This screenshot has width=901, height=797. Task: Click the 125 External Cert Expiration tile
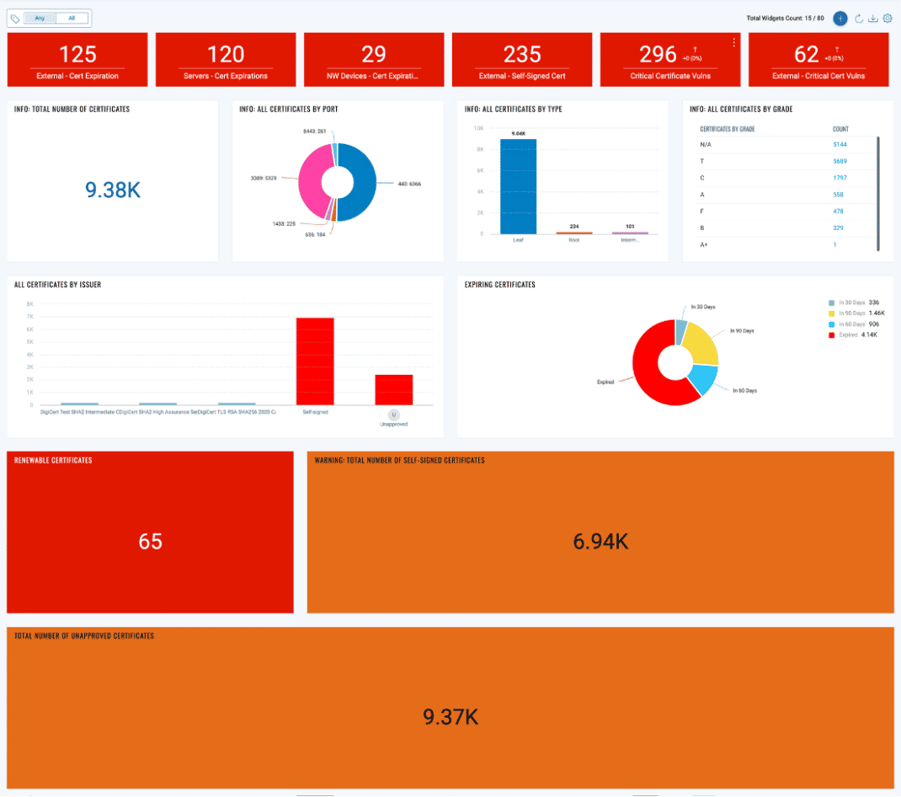[x=77, y=60]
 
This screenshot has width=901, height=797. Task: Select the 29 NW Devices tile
[x=373, y=60]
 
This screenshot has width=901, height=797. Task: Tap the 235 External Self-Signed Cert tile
[x=522, y=60]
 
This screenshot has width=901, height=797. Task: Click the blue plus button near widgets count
[x=840, y=19]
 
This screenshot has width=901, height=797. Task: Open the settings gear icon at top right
[x=887, y=19]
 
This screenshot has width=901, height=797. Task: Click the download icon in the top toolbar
[x=873, y=19]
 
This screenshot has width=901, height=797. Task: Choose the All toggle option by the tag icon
[x=72, y=18]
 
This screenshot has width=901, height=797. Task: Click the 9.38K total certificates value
[x=112, y=190]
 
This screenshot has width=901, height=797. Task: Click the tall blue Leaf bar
[x=518, y=186]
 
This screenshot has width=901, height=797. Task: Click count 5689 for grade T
[x=840, y=161]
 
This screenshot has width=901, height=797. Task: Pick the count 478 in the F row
[x=838, y=211]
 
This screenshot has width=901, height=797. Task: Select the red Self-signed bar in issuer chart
[x=315, y=361]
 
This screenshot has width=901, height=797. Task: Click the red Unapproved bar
[x=393, y=389]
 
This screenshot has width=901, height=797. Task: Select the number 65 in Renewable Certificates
[x=150, y=542]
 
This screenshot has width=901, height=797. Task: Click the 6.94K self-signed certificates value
[x=600, y=542]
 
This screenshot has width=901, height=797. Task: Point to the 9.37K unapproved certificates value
[x=450, y=717]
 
